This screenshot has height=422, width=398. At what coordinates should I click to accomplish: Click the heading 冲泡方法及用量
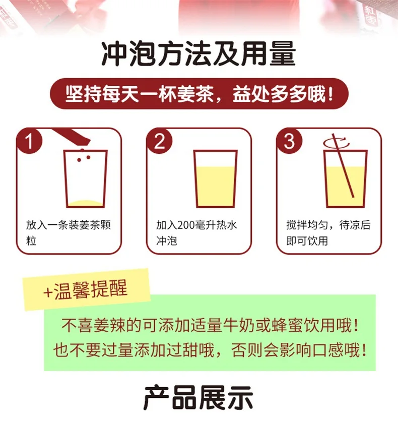198,53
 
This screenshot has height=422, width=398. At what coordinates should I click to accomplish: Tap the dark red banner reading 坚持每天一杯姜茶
199,94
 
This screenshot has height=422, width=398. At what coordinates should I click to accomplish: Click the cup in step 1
86,179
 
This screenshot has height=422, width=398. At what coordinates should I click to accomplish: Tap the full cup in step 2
215,179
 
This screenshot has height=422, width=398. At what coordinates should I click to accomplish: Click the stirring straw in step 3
344,166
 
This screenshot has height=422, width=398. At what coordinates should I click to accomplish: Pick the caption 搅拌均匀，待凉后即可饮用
328,232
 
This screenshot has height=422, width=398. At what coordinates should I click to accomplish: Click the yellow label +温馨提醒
86,290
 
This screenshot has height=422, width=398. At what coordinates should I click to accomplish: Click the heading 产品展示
198,399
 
